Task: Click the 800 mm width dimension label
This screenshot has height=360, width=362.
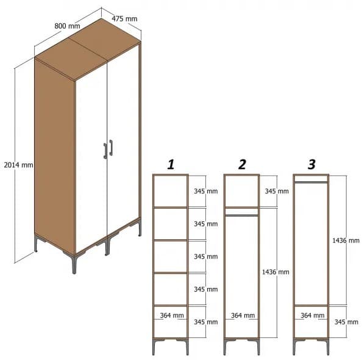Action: click(x=67, y=26)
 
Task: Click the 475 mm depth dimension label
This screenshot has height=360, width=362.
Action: click(x=125, y=18)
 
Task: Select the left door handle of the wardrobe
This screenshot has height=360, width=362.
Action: click(x=105, y=150)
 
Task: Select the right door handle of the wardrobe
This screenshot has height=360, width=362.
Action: click(x=111, y=148)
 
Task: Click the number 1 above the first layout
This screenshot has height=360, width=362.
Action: click(x=171, y=164)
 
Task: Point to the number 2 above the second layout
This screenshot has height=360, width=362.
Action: click(x=242, y=164)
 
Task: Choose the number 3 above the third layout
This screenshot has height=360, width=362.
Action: click(x=311, y=164)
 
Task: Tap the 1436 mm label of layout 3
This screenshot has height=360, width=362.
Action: click(x=346, y=240)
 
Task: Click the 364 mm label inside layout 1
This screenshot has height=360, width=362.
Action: click(x=171, y=315)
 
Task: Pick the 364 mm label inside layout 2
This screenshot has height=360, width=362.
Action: click(x=242, y=315)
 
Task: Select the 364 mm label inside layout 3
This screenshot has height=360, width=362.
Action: click(x=311, y=315)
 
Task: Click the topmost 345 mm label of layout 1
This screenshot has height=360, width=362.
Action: click(x=205, y=191)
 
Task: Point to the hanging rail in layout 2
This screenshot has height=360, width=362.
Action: click(x=242, y=214)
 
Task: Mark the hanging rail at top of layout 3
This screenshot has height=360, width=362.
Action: click(x=311, y=181)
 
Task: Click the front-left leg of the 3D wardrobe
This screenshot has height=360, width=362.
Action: click(x=74, y=264)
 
